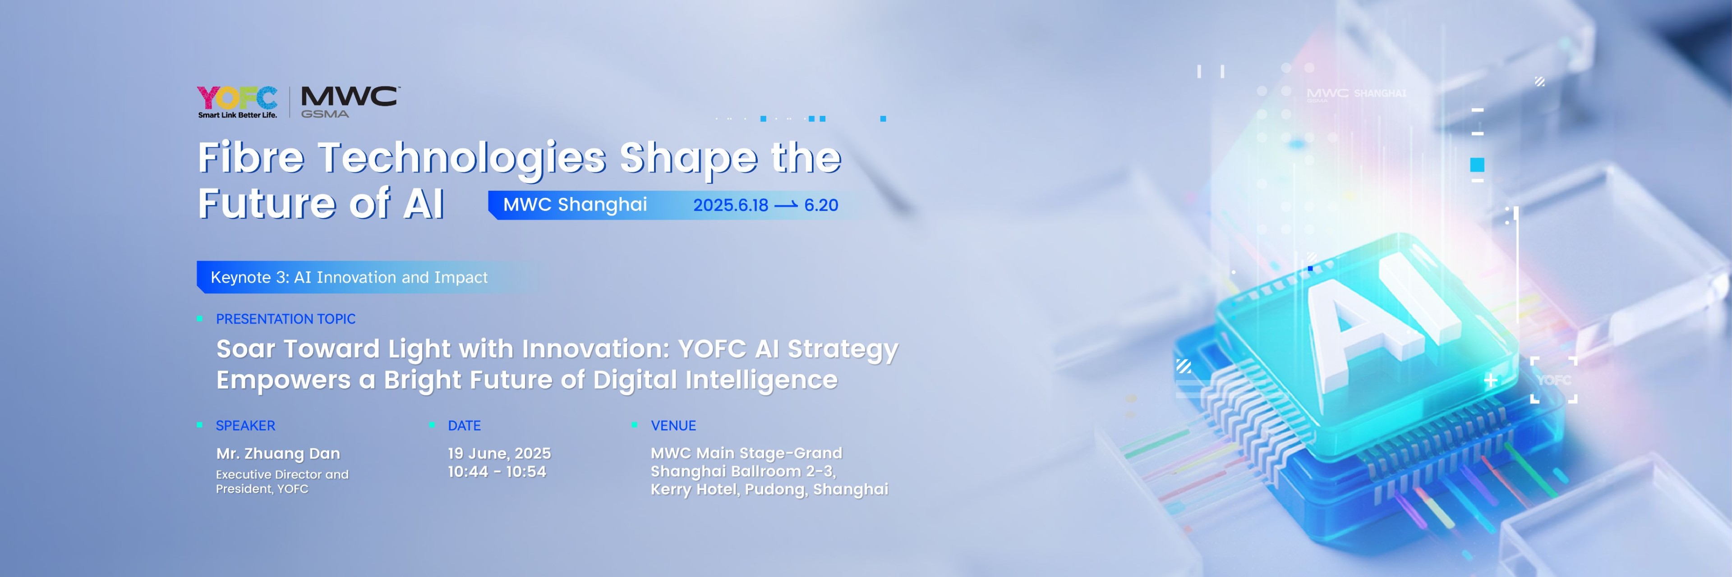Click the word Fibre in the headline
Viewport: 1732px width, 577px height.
(x=251, y=157)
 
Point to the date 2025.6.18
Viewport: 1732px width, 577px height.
(x=730, y=205)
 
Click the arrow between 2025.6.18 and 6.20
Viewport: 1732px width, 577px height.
(x=786, y=205)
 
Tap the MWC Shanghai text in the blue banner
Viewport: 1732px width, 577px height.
(x=575, y=204)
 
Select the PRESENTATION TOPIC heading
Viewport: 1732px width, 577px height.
(x=286, y=319)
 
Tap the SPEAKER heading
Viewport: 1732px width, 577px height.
(x=245, y=426)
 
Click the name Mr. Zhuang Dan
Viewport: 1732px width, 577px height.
(x=278, y=454)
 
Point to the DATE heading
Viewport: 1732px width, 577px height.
(x=464, y=426)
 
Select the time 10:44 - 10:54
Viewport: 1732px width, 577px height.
(x=497, y=472)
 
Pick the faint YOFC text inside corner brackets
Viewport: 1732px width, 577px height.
(x=1554, y=380)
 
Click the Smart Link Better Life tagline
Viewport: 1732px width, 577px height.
(x=237, y=115)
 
